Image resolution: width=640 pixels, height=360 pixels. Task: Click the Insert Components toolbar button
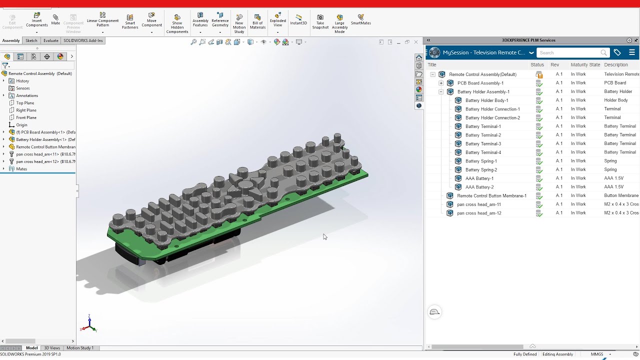[x=36, y=20]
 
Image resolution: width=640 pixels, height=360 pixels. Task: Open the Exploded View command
[x=277, y=20]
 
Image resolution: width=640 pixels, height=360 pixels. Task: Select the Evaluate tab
[x=50, y=40]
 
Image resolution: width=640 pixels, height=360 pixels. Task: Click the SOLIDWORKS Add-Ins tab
[x=83, y=40]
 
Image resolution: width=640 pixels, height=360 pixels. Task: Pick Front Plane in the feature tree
[x=26, y=117]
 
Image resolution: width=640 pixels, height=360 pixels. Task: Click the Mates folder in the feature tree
[x=21, y=169]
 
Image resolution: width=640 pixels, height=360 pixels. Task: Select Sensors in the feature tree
[x=23, y=88]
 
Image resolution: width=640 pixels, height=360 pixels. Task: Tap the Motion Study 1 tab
[x=80, y=348]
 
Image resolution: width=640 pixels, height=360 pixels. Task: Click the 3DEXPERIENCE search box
[x=570, y=52]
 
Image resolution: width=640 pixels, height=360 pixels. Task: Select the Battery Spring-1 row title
[x=481, y=161]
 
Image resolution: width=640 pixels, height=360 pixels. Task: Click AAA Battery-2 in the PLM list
[x=479, y=187]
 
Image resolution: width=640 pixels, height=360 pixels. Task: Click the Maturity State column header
[x=585, y=64]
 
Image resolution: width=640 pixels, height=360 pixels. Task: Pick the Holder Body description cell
[x=615, y=100]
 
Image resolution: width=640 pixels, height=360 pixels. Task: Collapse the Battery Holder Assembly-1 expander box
[x=441, y=92]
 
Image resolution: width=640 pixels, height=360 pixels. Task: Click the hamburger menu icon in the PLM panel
[x=632, y=52]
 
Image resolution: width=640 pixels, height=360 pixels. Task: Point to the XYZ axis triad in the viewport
[x=88, y=325]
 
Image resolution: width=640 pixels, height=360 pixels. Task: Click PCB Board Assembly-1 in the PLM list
[x=480, y=83]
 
